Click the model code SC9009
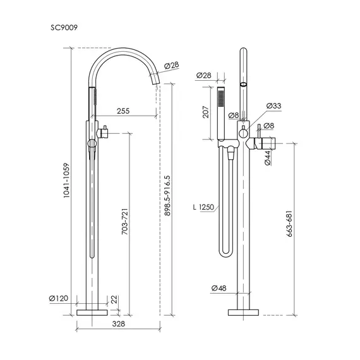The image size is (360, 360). click(64, 28)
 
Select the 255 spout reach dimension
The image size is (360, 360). click(123, 111)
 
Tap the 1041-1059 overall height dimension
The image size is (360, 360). click(66, 181)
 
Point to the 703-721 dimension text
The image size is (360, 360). click(124, 221)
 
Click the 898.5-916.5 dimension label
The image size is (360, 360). click(167, 196)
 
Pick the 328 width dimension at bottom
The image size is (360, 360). click(119, 324)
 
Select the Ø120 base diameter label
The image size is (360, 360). click(59, 298)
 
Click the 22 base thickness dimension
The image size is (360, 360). click(114, 299)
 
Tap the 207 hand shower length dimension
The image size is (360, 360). click(206, 112)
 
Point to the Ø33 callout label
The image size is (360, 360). click(273, 106)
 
